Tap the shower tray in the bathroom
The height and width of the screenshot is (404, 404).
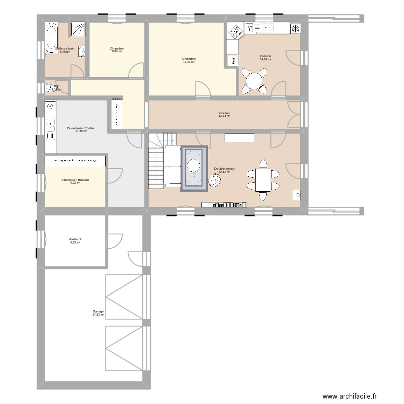pos(78,29)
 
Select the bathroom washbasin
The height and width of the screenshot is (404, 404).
pos(82,52)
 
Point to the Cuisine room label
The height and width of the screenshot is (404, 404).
pos(266,56)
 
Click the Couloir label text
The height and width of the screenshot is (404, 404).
pos(224,113)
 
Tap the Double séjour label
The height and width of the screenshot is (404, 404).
pos(224,169)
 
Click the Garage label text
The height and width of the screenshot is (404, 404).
pos(98,311)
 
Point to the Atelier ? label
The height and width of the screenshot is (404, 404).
pos(75,239)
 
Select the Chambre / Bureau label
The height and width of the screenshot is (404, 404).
pos(75,179)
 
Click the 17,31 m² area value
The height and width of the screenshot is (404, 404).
pos(189,62)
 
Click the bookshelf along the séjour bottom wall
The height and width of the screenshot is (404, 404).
pos(225,205)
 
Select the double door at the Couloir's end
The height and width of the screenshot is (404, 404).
pos(294,114)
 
